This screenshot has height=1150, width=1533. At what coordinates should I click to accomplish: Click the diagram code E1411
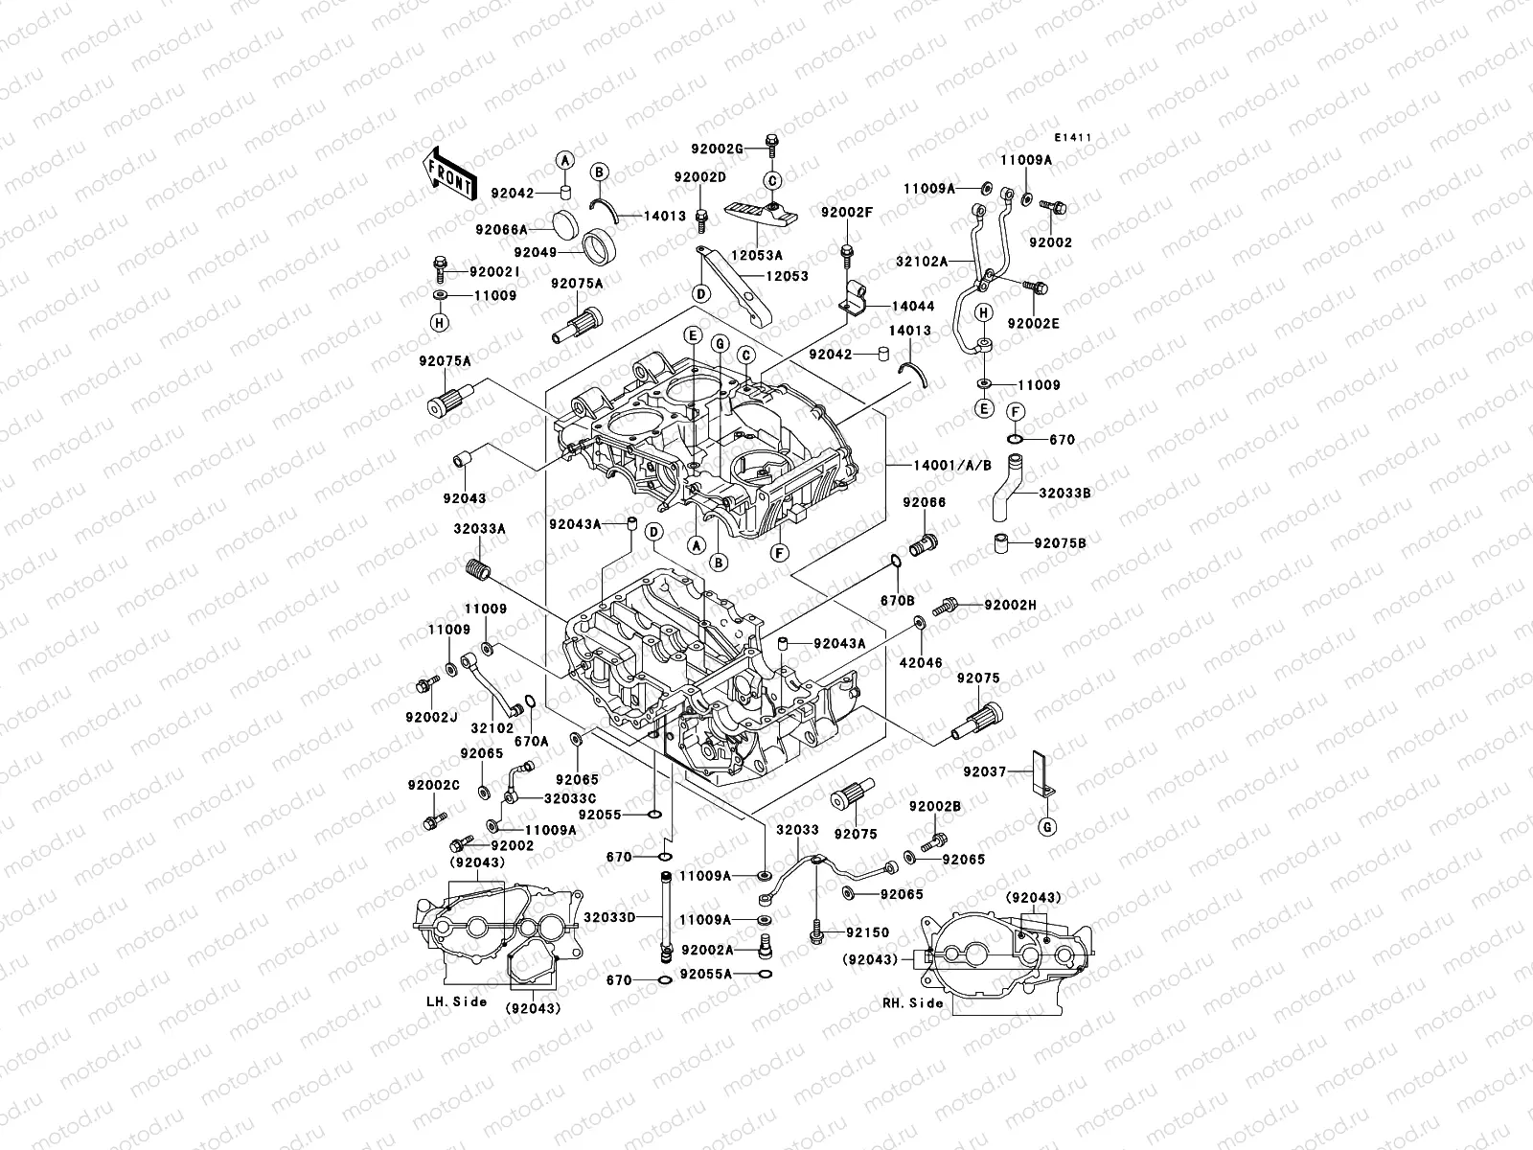(x=1071, y=138)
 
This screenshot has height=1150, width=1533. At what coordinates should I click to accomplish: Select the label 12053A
(x=758, y=255)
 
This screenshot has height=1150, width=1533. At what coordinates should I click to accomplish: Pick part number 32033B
(x=1064, y=493)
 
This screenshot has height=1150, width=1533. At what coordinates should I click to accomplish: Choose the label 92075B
(x=1060, y=542)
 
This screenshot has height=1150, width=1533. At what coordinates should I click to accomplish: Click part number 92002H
(x=1009, y=605)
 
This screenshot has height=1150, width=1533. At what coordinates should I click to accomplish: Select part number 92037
(x=984, y=770)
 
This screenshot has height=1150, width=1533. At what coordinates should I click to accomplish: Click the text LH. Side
(x=456, y=1001)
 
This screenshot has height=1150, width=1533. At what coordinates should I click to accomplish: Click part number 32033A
(x=479, y=528)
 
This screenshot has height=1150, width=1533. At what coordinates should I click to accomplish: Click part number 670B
(x=899, y=601)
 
